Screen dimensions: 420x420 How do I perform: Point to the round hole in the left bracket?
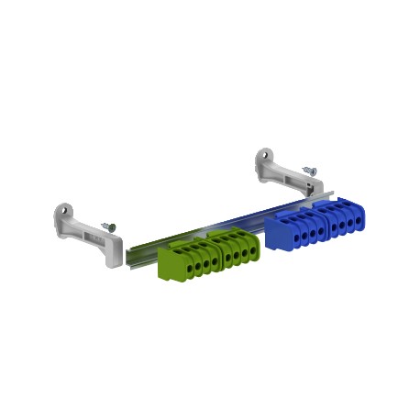click(66, 216)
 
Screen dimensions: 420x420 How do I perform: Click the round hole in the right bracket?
click(265, 156)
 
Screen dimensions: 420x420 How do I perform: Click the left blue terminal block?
click(293, 230)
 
